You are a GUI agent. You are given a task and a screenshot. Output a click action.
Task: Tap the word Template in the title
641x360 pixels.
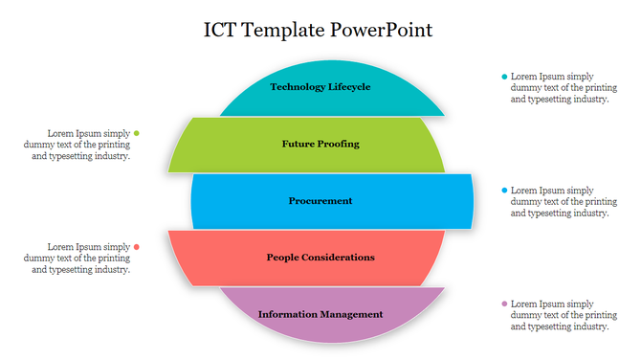[x=284, y=30]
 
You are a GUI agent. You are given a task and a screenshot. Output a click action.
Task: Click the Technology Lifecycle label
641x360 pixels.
[x=320, y=87]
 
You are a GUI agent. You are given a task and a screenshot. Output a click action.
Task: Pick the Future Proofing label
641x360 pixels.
[x=320, y=144]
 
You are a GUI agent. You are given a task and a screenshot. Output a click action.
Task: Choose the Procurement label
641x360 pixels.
[x=320, y=201]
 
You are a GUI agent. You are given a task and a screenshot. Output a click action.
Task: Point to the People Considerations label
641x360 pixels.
[x=320, y=258]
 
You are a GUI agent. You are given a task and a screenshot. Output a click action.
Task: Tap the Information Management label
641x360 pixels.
[x=320, y=314]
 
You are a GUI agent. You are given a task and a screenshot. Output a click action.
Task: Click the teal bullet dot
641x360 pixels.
[x=504, y=77]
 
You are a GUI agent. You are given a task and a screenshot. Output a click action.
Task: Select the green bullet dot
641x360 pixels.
[x=137, y=133]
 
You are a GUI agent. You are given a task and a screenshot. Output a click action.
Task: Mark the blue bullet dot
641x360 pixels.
[x=504, y=191]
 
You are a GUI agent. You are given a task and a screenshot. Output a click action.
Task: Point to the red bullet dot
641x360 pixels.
[x=137, y=247]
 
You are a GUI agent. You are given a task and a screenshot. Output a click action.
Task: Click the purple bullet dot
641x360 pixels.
[x=504, y=304]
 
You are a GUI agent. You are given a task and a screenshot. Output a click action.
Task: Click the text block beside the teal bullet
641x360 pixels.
[x=560, y=87]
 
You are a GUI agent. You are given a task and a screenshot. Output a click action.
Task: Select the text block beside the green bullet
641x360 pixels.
[x=81, y=145]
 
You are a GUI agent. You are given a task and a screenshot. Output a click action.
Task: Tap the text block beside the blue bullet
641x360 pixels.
[x=560, y=201]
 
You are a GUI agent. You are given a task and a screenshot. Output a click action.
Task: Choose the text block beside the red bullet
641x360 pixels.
[x=81, y=258]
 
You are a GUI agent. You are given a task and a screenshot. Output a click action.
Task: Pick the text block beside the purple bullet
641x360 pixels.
[x=560, y=314]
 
